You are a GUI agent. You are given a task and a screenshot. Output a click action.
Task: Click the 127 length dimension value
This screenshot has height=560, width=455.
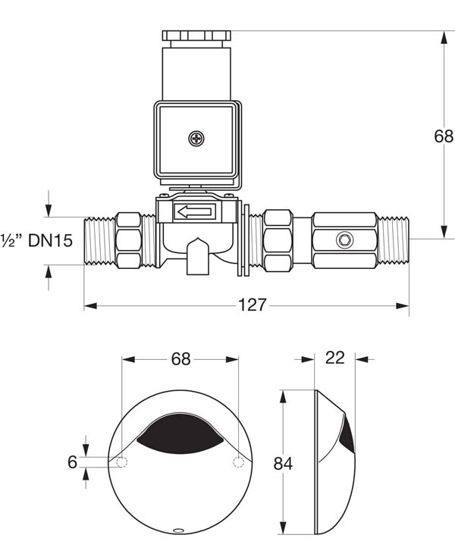coord(252,305)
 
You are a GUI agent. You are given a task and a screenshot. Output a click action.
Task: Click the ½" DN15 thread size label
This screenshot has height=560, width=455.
coord(36,241)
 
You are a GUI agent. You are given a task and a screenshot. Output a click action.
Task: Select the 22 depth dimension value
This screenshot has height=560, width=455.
coord(334,358)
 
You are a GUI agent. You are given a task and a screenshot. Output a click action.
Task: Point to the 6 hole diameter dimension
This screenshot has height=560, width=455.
coord(73,461)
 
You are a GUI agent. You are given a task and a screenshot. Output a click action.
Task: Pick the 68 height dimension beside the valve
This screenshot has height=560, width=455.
coord(443,136)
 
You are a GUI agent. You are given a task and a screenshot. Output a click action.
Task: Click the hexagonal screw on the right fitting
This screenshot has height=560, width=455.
coord(345,241)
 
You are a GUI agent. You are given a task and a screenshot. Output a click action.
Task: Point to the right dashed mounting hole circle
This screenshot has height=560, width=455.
coord(239,462)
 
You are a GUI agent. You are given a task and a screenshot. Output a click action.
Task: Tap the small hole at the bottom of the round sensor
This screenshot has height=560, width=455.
coord(180,530)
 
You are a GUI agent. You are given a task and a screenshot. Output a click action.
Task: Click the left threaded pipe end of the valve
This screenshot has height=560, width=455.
coord(99,240)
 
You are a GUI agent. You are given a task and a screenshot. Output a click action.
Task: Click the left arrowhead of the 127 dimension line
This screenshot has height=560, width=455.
coord(88,306)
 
